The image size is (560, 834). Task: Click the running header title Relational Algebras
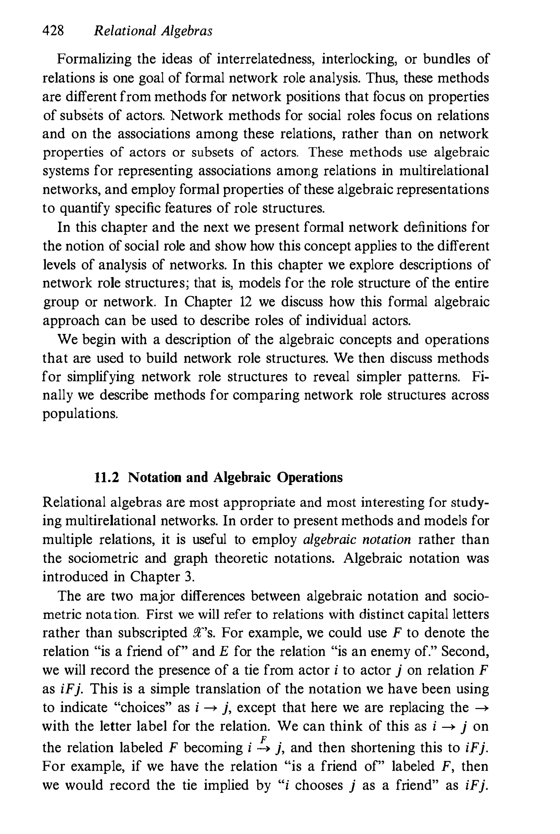click(x=153, y=31)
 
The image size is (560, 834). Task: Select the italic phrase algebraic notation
click(x=357, y=539)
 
